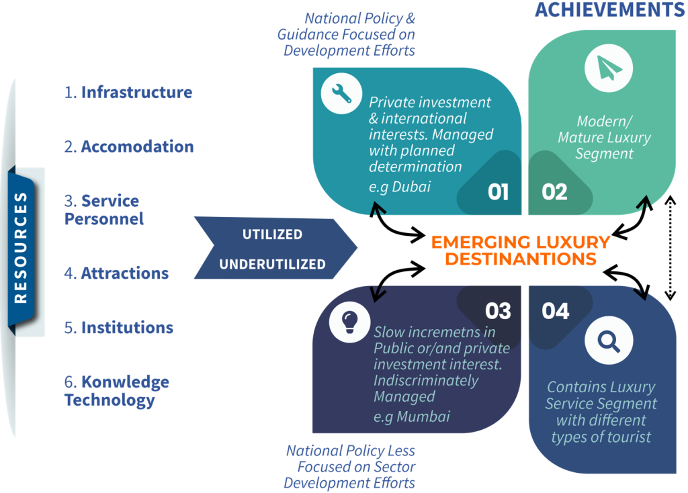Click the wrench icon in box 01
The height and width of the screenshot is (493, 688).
pyautogui.click(x=341, y=93)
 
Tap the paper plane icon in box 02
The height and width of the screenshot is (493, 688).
pyautogui.click(x=609, y=69)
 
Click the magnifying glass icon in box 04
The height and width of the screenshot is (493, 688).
pyautogui.click(x=609, y=341)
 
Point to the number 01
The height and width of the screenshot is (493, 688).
pyautogui.click(x=498, y=192)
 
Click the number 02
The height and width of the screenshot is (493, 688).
pyautogui.click(x=554, y=192)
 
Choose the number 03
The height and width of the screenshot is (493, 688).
pyautogui.click(x=498, y=311)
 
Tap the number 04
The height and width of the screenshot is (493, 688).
pyautogui.click(x=555, y=311)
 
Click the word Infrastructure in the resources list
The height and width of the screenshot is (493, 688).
pyautogui.click(x=136, y=92)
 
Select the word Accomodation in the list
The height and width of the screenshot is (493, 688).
pyautogui.click(x=137, y=146)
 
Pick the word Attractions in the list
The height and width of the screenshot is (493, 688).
pyautogui.click(x=125, y=273)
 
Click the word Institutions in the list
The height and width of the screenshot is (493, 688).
pyautogui.click(x=127, y=328)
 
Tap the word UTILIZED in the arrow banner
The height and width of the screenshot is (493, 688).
pyautogui.click(x=273, y=234)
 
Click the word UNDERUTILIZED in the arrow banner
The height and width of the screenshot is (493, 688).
pyautogui.click(x=273, y=264)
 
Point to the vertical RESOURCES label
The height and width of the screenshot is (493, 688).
pyautogui.click(x=21, y=248)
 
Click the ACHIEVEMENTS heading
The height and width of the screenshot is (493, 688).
pyautogui.click(x=610, y=9)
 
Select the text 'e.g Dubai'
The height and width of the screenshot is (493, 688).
pyautogui.click(x=400, y=187)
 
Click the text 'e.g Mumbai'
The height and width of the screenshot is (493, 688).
pyautogui.click(x=412, y=416)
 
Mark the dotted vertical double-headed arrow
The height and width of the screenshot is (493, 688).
pyautogui.click(x=670, y=248)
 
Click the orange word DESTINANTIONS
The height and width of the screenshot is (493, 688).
pyautogui.click(x=521, y=259)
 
